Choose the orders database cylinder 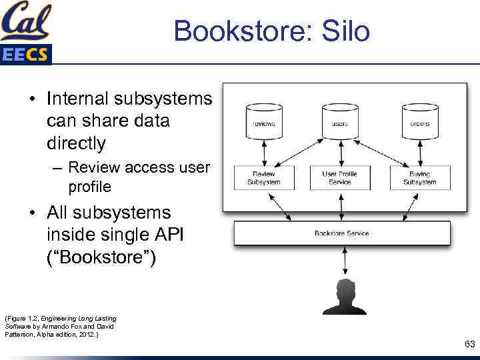[x=420, y=122]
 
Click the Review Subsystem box [x=263, y=177]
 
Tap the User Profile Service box [x=340, y=177]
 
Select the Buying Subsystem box [x=420, y=177]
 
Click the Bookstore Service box [x=342, y=233]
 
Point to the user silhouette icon [x=343, y=297]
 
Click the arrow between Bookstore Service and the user [x=343, y=262]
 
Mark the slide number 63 [x=469, y=344]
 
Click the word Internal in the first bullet [x=77, y=99]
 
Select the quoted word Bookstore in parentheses [x=101, y=257]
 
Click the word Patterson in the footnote [x=20, y=334]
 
